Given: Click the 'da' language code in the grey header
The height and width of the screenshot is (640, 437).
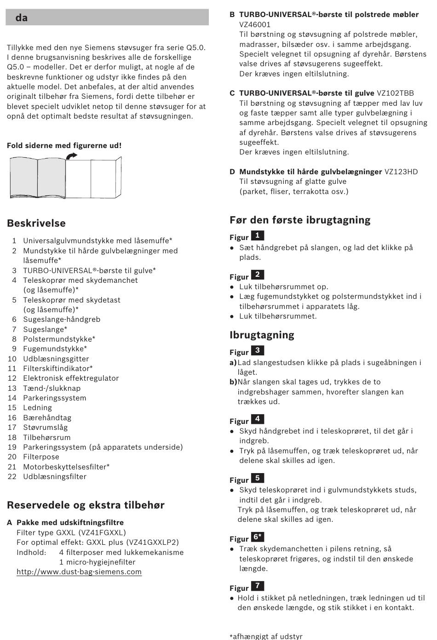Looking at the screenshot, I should point(21,18).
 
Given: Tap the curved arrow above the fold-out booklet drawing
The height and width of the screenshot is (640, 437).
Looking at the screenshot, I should point(71,157).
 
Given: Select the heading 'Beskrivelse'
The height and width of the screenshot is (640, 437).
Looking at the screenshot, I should point(36,223).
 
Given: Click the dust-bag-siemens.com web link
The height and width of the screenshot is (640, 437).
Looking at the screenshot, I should point(79,572).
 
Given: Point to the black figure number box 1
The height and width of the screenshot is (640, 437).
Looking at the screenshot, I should point(258,236).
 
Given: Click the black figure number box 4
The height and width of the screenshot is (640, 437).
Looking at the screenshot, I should point(258,419).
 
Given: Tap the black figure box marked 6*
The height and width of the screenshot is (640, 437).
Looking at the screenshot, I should point(258,537).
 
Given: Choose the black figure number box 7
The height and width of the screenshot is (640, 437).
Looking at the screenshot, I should point(258,586).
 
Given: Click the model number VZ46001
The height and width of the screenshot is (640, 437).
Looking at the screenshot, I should point(255,25).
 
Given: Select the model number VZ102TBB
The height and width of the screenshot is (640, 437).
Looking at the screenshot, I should point(395,93).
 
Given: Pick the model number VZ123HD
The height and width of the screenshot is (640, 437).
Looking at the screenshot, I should point(401,172).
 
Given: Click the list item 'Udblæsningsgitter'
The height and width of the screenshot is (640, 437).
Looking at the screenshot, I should point(56,359).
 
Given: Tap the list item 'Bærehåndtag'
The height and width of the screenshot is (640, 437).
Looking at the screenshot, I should point(47,418).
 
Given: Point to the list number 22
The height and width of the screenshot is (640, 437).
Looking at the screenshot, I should point(12,477).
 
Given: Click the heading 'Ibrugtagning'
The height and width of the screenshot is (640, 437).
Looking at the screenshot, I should point(262,335).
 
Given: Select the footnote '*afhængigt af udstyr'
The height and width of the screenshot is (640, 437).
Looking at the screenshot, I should point(266,636).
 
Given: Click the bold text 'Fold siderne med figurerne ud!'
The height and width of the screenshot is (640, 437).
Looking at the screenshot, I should point(64,146).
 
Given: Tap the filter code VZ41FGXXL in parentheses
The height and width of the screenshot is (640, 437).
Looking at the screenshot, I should point(102,533).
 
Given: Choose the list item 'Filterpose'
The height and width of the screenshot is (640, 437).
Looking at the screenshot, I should point(41,457).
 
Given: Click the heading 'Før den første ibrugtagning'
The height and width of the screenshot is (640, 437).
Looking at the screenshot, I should point(300,220).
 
